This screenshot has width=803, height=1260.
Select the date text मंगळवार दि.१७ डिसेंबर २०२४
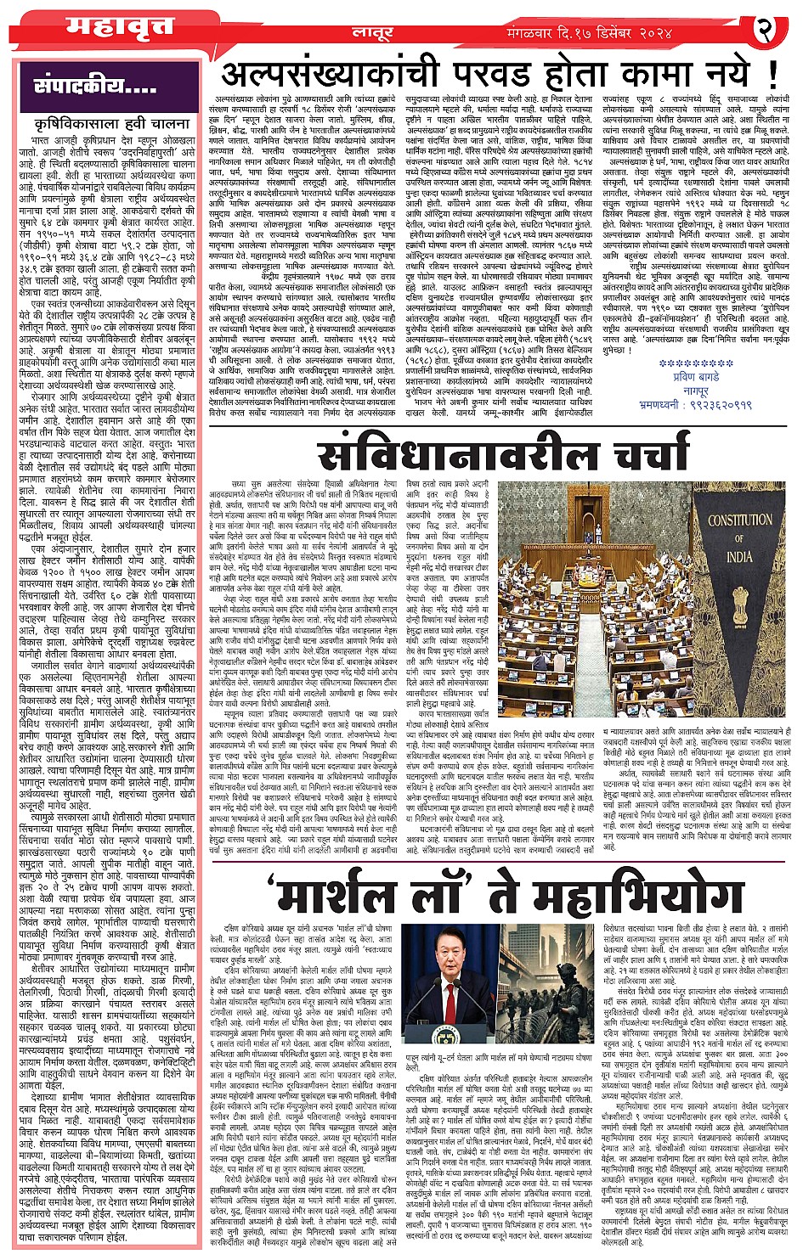pos(598,32)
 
